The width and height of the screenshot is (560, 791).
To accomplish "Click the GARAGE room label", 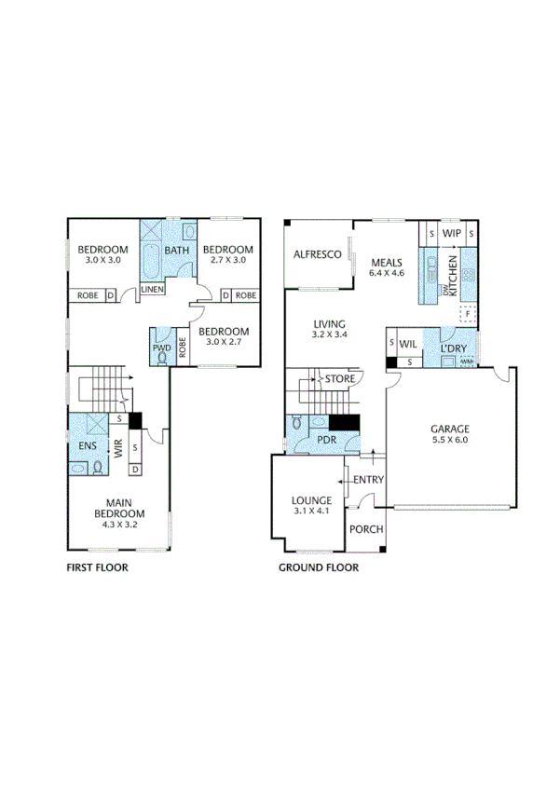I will coord(449,430).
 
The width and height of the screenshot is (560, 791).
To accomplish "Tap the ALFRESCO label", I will coord(314,254).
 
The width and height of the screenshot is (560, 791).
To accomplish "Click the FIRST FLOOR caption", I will coord(97,566).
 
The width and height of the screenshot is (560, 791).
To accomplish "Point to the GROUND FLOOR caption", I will coord(319,566).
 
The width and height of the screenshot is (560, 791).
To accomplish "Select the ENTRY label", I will coord(369,480).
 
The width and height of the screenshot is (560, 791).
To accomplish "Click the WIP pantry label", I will coord(452,232).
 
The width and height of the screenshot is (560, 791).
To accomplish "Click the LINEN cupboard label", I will coord(152,290).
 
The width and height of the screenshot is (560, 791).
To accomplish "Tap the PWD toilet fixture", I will coord(163,356).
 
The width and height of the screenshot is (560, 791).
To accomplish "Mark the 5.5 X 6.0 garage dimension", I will coord(449,442).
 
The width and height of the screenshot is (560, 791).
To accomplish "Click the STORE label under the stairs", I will coord(339,379).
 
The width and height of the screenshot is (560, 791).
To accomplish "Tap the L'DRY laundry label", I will coord(454,348).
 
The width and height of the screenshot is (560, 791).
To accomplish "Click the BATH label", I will coord(177,250).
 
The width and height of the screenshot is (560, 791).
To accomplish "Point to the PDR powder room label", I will coord(325,439).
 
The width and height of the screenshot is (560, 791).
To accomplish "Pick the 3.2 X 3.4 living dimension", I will coord(329,334).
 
